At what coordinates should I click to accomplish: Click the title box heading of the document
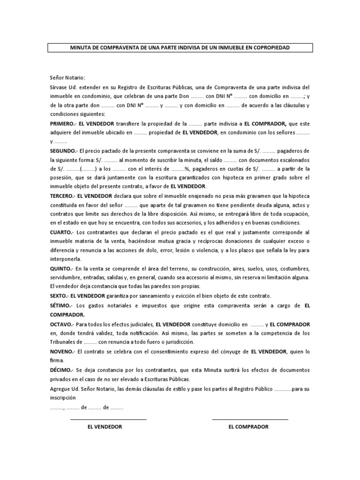click(180, 48)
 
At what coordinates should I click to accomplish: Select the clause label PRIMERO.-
click(63, 124)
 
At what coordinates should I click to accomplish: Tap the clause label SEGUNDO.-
click(64, 151)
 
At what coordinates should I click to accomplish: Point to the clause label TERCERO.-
click(63, 196)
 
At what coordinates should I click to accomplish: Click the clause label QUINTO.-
click(61, 269)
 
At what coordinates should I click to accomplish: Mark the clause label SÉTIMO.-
click(61, 306)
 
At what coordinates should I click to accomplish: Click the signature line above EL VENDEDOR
click(108, 419)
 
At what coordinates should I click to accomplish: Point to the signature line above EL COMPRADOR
click(250, 419)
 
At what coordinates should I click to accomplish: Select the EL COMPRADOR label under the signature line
click(248, 427)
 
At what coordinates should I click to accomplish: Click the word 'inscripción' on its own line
click(63, 398)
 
